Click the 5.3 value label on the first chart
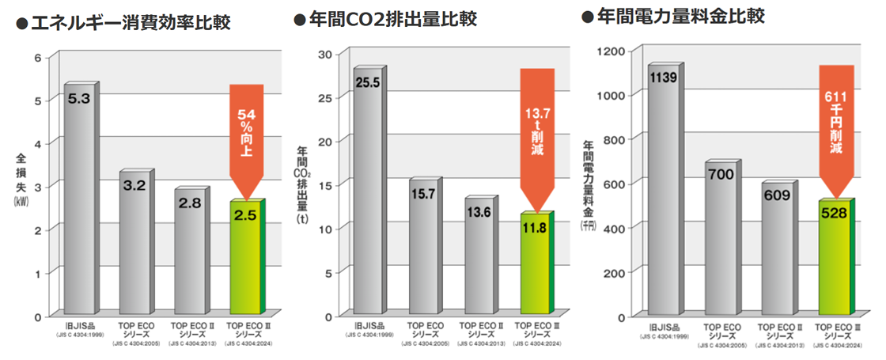pos(78,99)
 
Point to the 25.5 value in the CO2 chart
pos(368,82)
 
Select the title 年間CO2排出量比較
pos(392,20)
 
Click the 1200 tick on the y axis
pos(613,51)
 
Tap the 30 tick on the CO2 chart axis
pos(324,54)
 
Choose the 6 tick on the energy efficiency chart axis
pos(36,58)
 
